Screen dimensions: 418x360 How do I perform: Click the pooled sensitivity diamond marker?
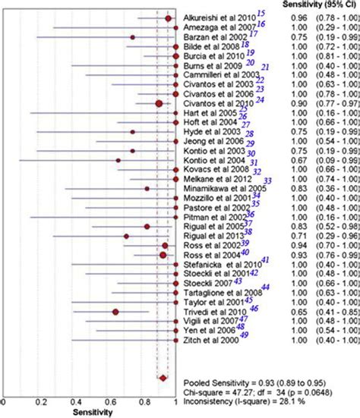click(162, 377)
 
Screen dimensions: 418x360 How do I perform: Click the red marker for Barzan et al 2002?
click(132, 36)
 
